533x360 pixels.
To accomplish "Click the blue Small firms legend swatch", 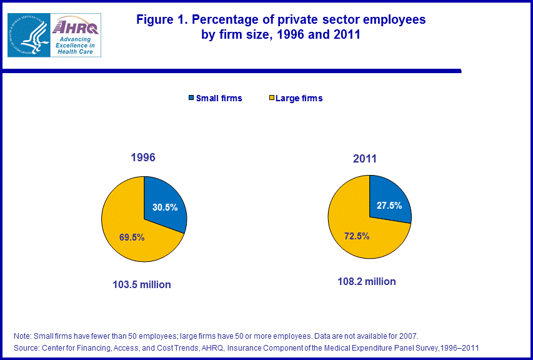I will point(190,98).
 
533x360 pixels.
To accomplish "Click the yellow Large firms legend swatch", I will point(272,98).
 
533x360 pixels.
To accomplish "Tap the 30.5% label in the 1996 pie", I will point(166,207).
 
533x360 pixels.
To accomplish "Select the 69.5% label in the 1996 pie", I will point(132,237).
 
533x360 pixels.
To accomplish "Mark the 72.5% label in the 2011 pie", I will point(356,236).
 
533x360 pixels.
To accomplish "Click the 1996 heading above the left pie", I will point(142,158).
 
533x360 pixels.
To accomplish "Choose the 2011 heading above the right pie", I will point(364,159).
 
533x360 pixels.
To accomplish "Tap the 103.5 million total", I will point(141,284).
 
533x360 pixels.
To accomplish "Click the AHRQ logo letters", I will point(76,27).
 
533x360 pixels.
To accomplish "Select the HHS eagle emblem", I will point(29,35).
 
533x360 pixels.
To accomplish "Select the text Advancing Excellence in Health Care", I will point(75,46).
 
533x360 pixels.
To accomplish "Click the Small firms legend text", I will point(219,98).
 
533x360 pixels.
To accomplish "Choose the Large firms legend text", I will point(299,98).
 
